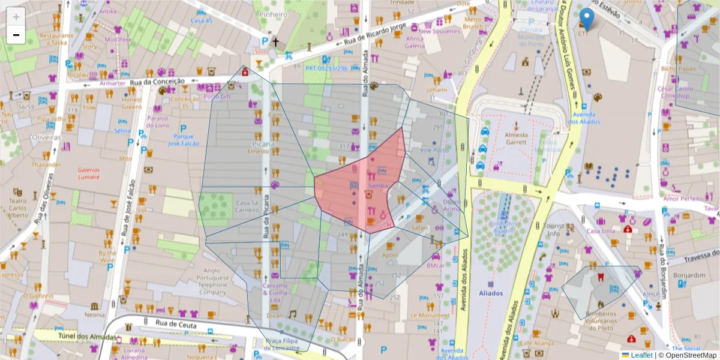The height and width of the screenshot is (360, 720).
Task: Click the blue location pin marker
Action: coord(588,19)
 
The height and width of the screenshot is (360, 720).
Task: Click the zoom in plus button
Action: coord(16,16)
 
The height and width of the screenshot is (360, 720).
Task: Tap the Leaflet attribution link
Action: coord(641,355)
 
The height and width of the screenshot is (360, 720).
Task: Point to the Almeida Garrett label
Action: coord(516,138)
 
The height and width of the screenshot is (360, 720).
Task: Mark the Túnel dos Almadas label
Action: coord(87,337)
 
